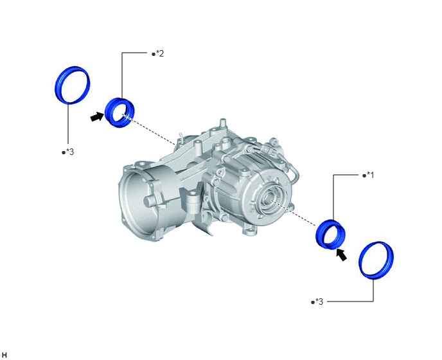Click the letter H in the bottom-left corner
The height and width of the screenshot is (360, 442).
4,355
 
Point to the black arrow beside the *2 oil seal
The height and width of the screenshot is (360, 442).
97,116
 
